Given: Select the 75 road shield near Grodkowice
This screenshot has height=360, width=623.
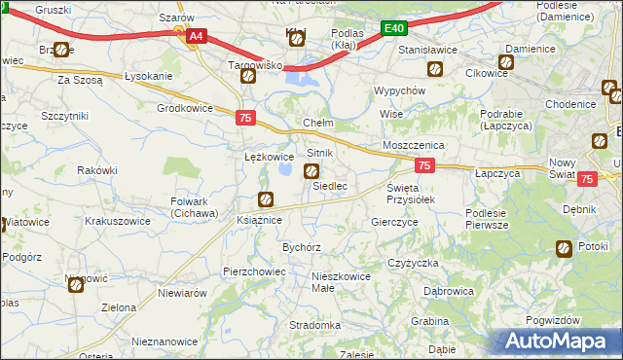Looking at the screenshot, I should (246, 118).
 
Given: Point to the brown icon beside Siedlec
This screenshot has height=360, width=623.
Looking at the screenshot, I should (311, 172).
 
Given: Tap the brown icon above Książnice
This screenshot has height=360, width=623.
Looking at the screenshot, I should (265, 200).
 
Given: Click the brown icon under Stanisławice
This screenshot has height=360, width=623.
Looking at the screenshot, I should (435, 69).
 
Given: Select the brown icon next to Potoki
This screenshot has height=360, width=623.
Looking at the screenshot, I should (563, 249).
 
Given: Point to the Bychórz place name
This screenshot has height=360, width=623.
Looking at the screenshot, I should (302, 247).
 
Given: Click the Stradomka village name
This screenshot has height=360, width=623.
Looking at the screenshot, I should (314, 325).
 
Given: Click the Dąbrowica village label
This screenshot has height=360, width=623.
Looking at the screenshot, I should (449, 290).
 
